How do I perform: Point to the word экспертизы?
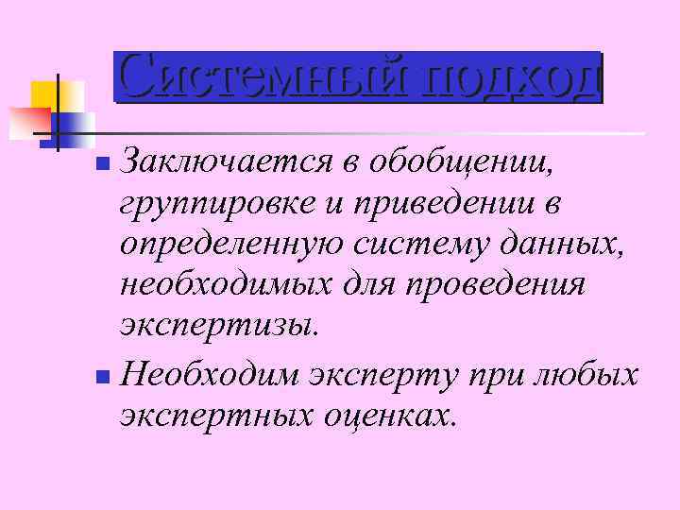[x=213, y=326]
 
